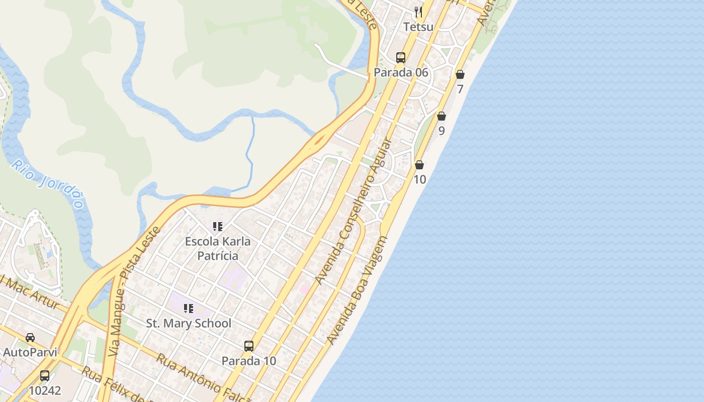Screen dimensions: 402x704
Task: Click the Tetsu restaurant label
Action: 418,27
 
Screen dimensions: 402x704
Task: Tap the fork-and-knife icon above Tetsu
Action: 418,12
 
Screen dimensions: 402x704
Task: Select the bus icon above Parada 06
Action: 401,57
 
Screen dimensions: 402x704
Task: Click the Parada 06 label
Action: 401,72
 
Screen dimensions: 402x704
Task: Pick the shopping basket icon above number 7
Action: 460,74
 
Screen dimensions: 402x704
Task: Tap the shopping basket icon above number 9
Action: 442,116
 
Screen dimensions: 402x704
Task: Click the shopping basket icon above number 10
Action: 419,164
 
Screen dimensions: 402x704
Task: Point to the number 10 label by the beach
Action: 419,179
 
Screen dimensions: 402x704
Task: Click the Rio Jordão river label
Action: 48,184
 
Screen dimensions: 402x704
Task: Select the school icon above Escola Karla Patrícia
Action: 218,227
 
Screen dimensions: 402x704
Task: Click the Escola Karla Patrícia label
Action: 218,248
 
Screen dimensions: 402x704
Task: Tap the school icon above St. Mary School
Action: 189,308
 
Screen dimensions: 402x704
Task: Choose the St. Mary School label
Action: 189,323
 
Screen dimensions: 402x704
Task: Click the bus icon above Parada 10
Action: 249,346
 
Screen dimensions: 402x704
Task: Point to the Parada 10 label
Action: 249,361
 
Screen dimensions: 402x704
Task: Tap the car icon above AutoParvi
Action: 30,337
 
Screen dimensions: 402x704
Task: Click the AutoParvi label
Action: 30,352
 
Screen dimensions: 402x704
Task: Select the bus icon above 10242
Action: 45,375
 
